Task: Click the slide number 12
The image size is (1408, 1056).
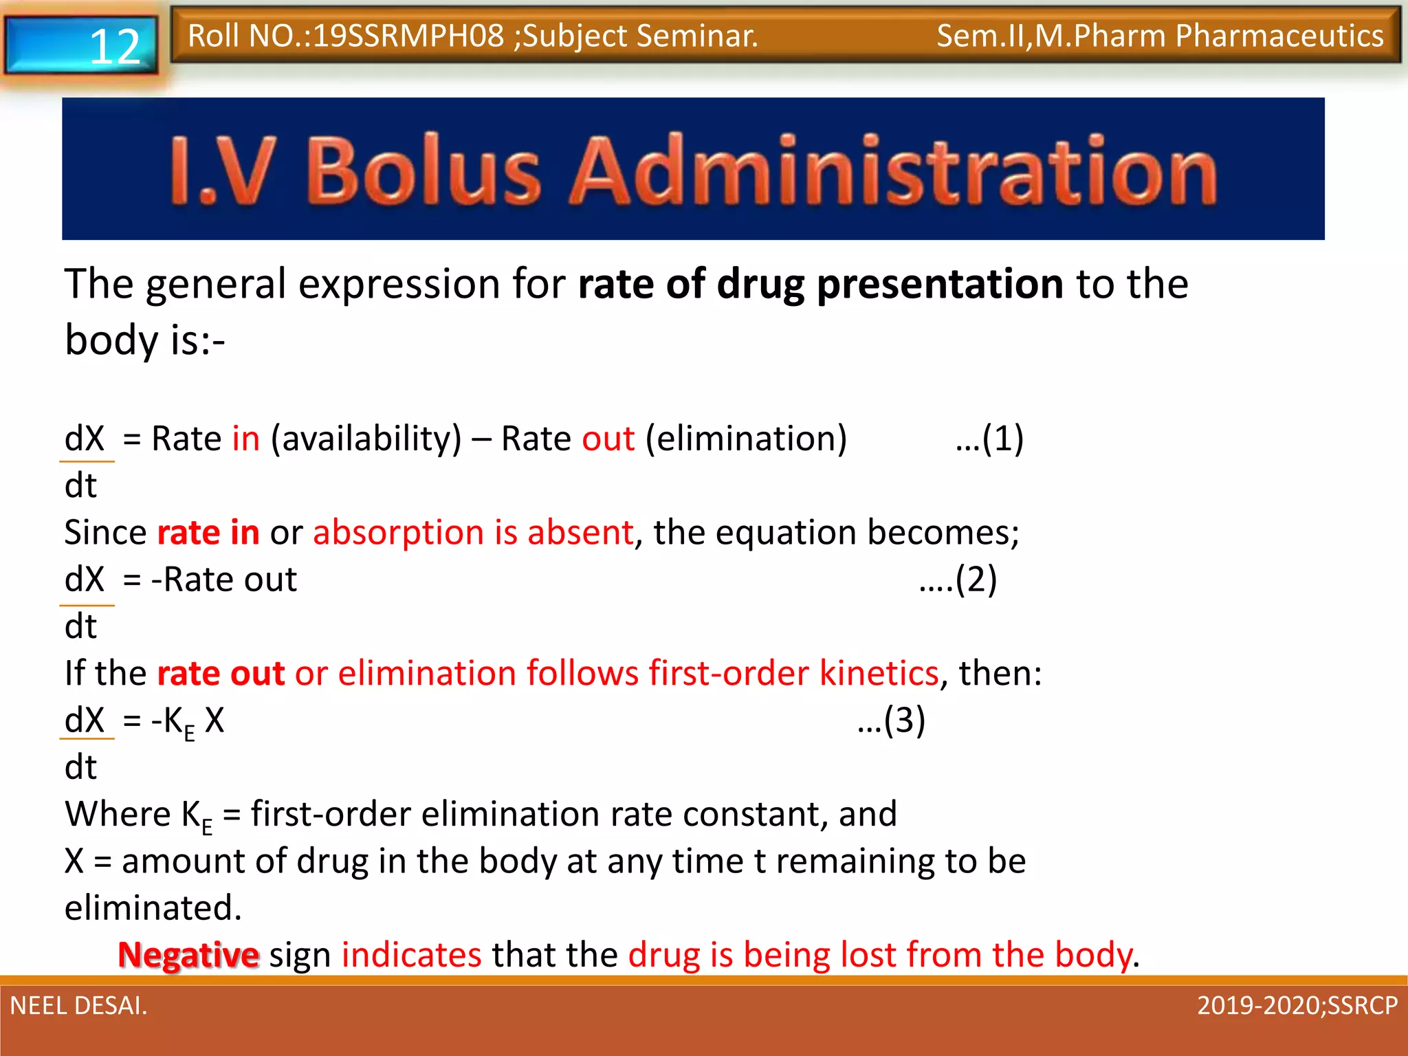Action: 114,47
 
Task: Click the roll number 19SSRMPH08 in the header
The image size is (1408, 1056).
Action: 408,36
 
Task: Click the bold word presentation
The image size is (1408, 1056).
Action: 940,284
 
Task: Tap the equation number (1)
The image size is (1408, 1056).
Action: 1002,438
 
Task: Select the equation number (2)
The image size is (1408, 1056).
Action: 976,579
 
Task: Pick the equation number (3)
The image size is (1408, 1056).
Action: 904,720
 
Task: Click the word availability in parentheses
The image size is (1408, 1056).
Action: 366,438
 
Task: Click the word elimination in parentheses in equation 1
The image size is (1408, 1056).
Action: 746,438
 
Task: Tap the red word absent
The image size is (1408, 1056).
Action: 580,532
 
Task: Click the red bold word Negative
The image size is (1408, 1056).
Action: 188,955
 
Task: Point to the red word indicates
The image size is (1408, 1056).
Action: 411,955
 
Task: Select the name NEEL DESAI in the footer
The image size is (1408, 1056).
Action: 78,1006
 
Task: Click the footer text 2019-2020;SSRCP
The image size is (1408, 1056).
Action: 1297,1006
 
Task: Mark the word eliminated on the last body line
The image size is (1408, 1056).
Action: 153,908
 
